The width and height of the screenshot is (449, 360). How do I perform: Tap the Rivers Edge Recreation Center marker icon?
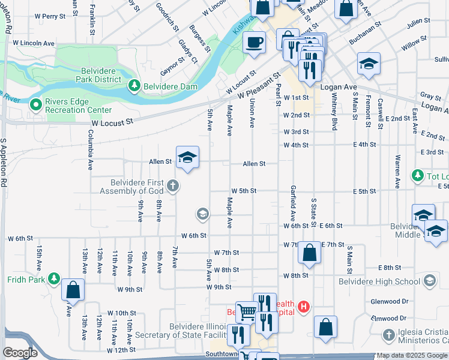[x=36, y=105]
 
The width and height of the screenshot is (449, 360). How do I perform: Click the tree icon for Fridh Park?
[x=54, y=279]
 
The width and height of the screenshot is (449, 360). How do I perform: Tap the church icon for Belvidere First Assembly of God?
[x=173, y=185]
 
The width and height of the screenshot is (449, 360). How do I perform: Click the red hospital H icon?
[x=304, y=307]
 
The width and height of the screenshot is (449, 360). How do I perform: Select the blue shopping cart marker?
[x=247, y=312]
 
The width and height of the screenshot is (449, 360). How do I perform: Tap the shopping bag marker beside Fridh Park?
[x=73, y=290]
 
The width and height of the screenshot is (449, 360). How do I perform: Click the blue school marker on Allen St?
[x=187, y=158]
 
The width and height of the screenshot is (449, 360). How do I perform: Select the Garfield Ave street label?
[x=293, y=203]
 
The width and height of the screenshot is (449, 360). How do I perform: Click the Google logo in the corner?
[x=20, y=353]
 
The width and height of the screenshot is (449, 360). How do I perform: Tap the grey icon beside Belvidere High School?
[x=430, y=281]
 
